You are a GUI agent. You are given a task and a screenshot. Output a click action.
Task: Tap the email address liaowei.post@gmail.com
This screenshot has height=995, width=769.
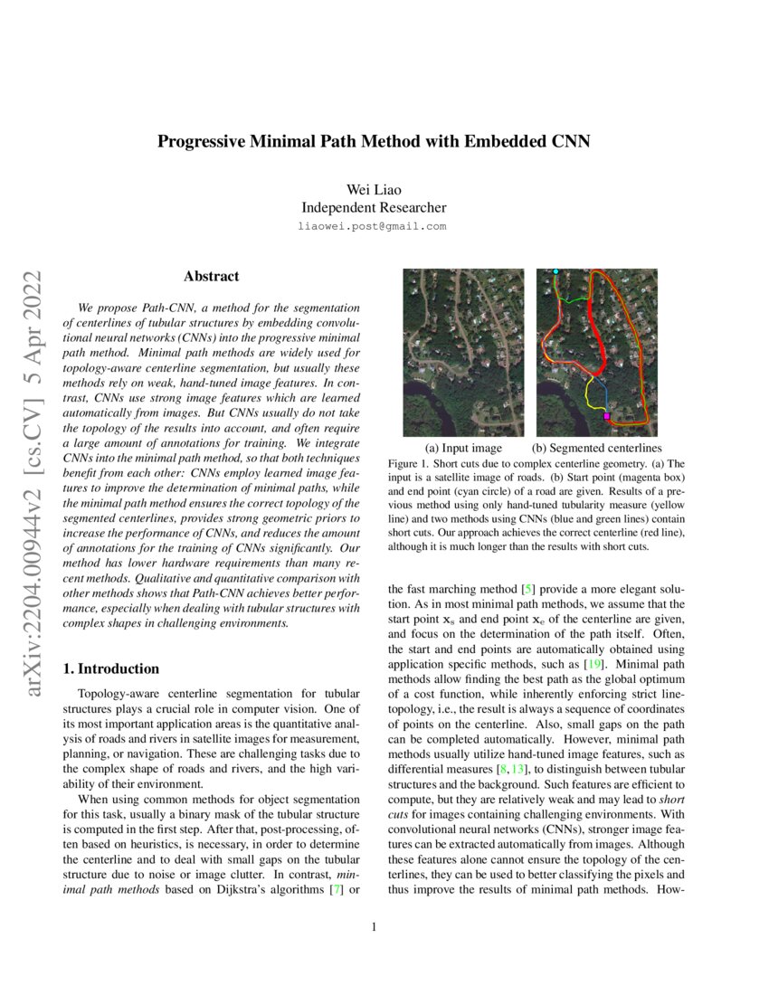(x=372, y=226)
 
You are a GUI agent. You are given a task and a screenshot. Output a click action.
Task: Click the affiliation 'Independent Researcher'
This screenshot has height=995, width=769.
(x=372, y=207)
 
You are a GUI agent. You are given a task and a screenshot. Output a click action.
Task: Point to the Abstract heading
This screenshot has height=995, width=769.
(x=211, y=276)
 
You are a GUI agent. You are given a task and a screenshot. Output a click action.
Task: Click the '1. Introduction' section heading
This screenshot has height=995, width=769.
(x=110, y=668)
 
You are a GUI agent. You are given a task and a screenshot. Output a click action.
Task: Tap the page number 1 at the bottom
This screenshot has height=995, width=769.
(x=373, y=926)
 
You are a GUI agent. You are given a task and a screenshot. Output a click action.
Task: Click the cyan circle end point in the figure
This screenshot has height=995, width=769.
(x=555, y=271)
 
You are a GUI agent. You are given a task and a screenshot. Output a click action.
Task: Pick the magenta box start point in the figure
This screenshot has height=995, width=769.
(x=606, y=417)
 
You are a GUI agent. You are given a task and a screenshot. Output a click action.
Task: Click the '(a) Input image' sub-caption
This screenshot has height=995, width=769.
(x=463, y=448)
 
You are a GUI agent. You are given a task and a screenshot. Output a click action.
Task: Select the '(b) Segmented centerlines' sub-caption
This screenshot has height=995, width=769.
(x=596, y=448)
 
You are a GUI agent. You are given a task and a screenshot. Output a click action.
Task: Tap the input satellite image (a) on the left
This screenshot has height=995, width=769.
(x=462, y=352)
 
